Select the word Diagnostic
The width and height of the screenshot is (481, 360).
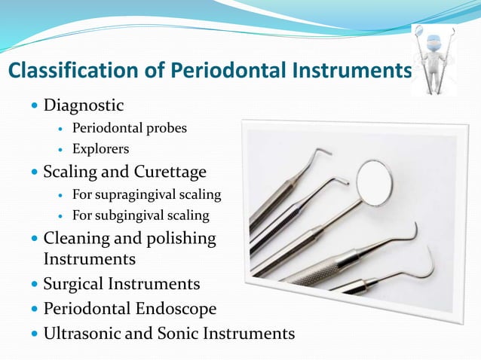pos(83,103)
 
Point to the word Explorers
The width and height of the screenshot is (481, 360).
pos(100,149)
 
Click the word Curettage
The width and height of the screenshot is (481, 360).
pos(167,172)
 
